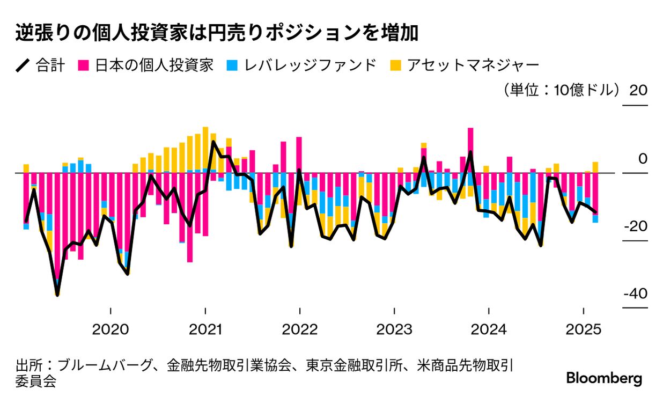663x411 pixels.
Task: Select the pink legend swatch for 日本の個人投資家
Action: coord(84,66)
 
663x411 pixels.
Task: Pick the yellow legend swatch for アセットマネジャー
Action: coord(394,66)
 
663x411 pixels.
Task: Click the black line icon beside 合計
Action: coord(23,66)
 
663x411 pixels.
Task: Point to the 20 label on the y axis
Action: coord(638,90)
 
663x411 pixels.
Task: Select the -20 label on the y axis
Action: coord(636,226)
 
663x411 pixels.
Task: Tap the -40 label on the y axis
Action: coord(636,294)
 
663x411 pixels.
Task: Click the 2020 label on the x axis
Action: coord(110,329)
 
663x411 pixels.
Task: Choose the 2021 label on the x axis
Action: coord(205,329)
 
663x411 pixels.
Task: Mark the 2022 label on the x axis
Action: coord(300,329)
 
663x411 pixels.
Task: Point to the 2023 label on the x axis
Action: coord(394,329)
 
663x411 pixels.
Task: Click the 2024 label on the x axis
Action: coord(489,329)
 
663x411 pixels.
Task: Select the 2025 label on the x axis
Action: coord(584,329)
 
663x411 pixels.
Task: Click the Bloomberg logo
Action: coord(604,378)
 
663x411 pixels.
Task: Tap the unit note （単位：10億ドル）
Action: coord(558,90)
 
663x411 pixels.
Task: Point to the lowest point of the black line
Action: coord(57,294)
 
